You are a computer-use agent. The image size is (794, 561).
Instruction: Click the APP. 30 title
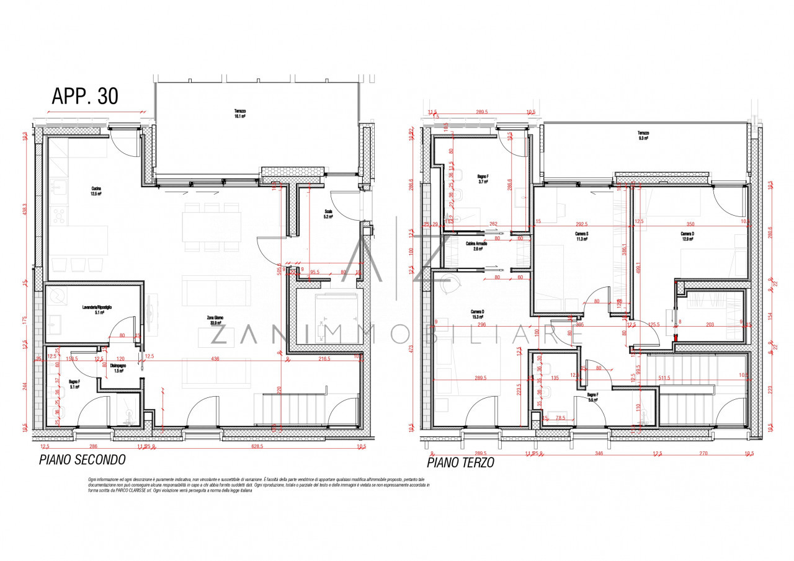point(84,96)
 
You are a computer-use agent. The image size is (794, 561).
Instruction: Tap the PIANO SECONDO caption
point(82,460)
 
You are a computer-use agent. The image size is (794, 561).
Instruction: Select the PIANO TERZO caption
point(460,462)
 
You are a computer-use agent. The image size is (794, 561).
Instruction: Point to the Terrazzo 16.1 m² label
point(239,113)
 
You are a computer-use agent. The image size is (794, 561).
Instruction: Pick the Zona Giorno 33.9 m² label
point(215,320)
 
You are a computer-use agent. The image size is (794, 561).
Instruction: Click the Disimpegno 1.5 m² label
point(118,368)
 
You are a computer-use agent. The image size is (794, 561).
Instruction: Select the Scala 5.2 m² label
point(328,214)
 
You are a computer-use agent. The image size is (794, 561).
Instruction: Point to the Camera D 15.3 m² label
point(478,314)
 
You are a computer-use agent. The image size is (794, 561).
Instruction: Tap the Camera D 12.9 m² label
point(689,236)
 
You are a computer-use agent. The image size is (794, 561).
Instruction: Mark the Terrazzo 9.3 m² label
point(643,136)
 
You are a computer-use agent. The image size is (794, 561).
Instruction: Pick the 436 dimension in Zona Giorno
point(215,359)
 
